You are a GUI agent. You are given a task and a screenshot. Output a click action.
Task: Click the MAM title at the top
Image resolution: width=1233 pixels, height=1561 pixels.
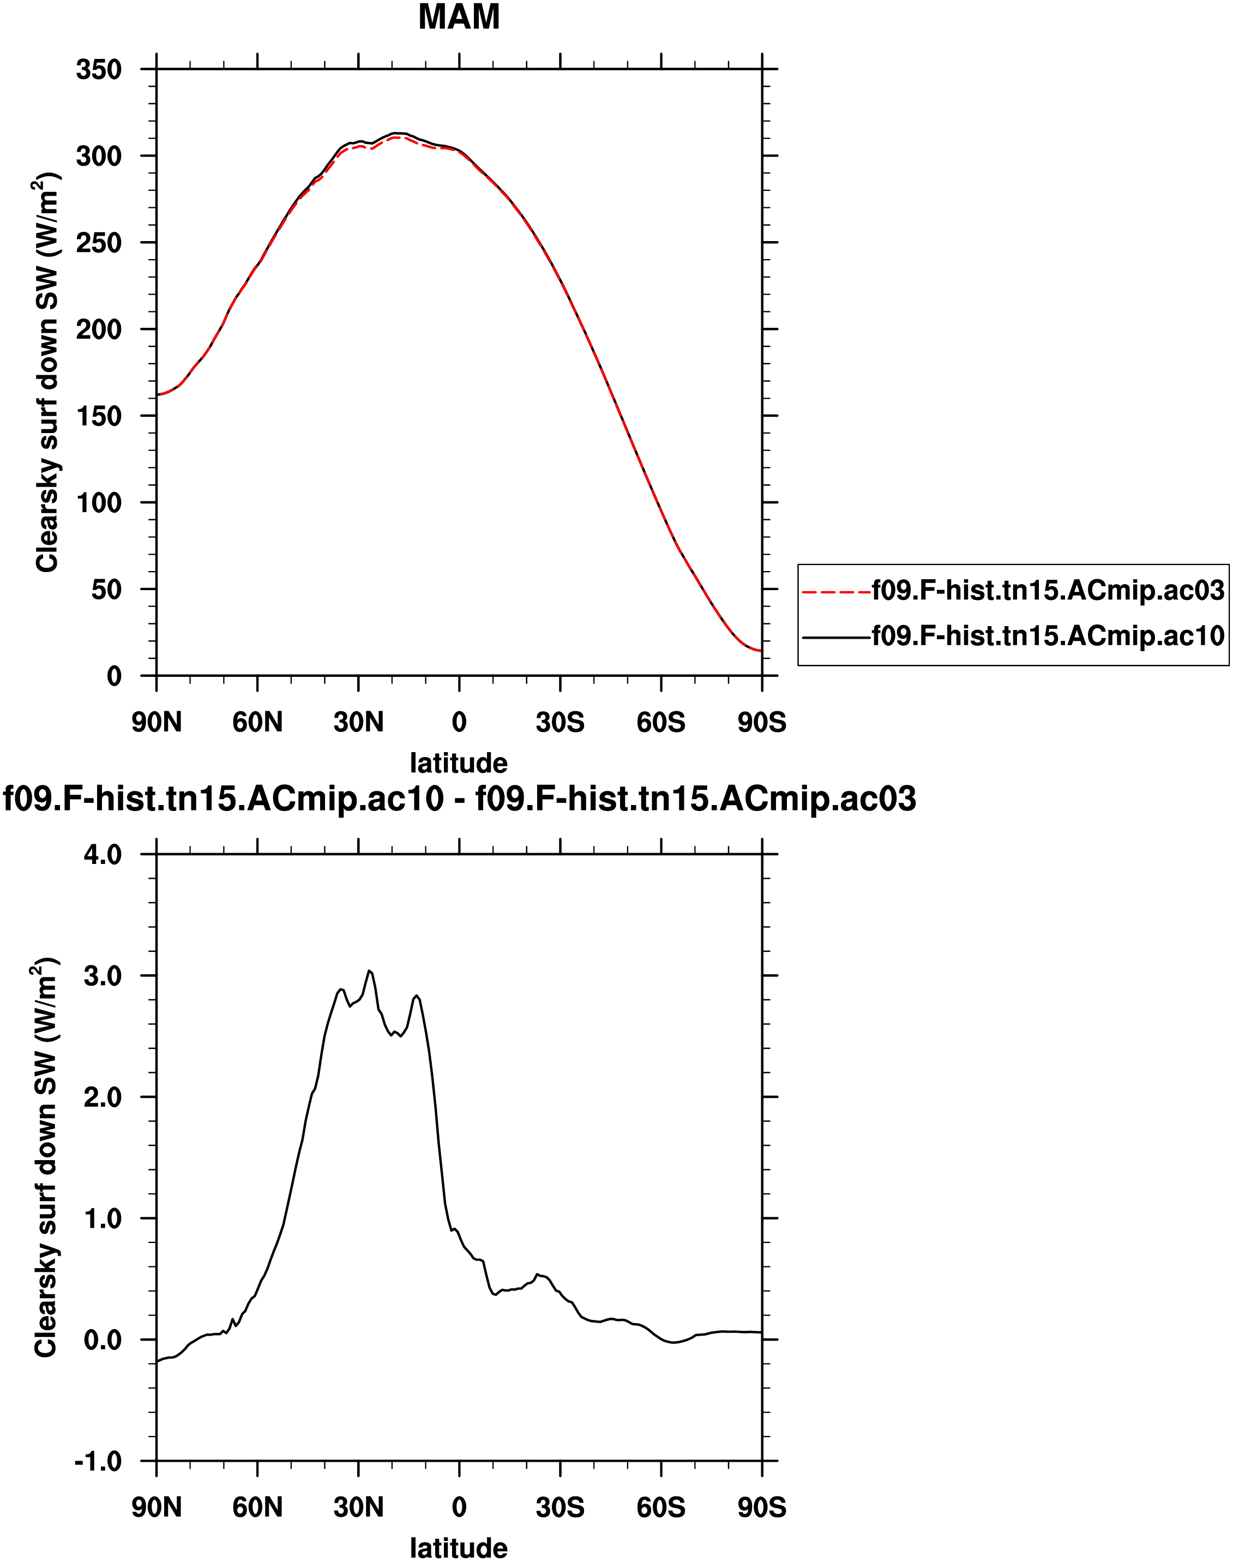point(459,17)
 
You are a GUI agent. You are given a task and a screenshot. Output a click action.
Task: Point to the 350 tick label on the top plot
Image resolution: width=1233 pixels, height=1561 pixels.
point(99,70)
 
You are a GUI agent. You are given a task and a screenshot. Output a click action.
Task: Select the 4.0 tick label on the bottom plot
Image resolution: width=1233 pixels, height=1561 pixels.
point(103,855)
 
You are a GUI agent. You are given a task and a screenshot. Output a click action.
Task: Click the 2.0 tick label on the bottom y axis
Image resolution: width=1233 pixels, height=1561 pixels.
point(103,1097)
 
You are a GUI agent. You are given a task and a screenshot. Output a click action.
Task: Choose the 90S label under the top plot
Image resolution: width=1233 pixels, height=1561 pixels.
point(762,722)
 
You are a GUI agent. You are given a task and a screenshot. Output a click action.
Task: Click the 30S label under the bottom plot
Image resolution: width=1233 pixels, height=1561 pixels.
point(560,1508)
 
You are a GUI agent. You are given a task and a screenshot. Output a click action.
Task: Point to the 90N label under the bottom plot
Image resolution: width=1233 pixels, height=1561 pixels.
point(157,1508)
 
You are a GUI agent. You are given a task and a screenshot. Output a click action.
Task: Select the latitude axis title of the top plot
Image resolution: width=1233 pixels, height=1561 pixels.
point(459,763)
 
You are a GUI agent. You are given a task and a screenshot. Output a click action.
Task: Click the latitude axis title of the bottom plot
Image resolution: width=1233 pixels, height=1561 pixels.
point(459,1547)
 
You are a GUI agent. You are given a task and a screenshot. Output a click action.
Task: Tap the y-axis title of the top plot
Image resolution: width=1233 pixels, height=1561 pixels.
point(46,373)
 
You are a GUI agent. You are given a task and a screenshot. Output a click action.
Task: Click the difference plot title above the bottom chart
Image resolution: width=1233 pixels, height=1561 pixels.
point(460,799)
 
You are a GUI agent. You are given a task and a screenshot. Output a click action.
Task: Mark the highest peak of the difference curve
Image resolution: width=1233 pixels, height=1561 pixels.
point(369,970)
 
